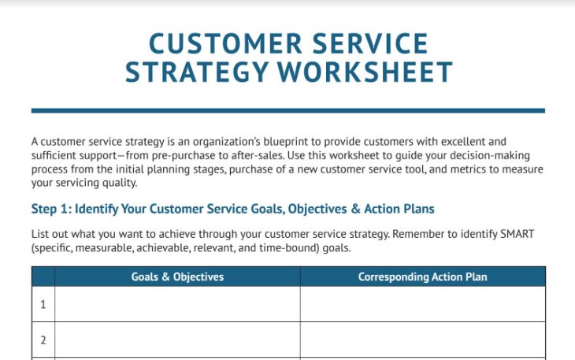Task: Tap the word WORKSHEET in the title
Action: tap(366, 72)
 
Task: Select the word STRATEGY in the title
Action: tap(197, 72)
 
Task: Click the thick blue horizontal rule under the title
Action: tap(287, 110)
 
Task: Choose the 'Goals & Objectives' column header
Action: tap(177, 276)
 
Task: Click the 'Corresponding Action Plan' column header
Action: tap(422, 276)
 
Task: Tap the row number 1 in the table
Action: tap(43, 304)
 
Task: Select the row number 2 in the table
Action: tap(43, 340)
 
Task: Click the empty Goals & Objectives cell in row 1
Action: tap(177, 304)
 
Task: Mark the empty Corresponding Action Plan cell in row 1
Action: tap(422, 304)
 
